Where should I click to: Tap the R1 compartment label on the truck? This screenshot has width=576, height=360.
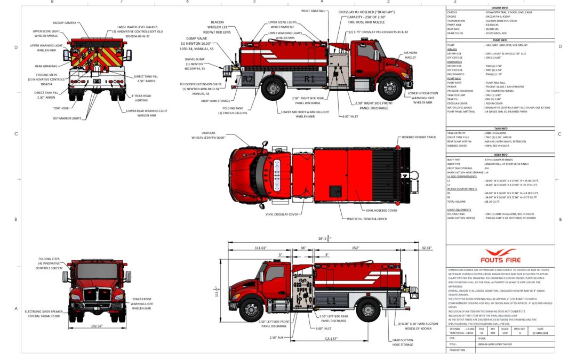click(x=309, y=79)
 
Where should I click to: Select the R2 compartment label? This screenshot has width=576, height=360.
click(x=249, y=79)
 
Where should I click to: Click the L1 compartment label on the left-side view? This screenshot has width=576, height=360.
click(x=331, y=301)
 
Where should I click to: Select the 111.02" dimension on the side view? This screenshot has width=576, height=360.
click(x=260, y=248)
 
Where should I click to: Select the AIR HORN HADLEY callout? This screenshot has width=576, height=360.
click(x=410, y=55)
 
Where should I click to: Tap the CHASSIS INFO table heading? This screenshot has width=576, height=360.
click(x=500, y=8)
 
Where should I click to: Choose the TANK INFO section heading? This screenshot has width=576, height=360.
click(x=500, y=129)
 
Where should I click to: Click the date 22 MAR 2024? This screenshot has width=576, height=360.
click(x=540, y=333)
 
